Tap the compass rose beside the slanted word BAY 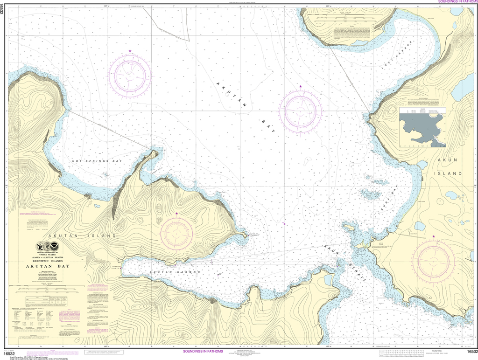(x=301, y=111)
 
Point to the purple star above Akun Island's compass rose (x=434, y=237)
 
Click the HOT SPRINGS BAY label (x=97, y=161)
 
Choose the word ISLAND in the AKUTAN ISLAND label (x=100, y=236)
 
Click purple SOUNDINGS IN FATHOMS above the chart (x=457, y=2)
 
